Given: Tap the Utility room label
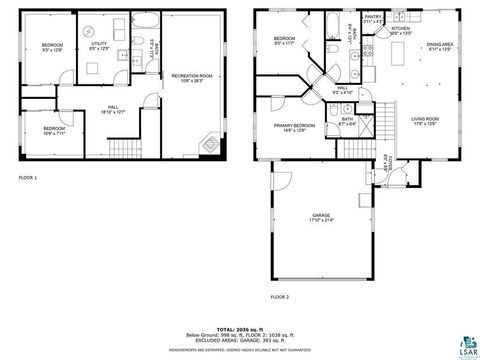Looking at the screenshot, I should point(100,47).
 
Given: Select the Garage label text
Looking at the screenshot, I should point(321,218).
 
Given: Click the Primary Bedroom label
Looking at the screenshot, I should point(295,127).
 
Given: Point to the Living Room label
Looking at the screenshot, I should point(425,121).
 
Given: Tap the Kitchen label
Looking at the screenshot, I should point(401,31).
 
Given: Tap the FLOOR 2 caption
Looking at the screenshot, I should point(279,297).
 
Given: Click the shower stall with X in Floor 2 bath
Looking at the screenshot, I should point(368,126).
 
